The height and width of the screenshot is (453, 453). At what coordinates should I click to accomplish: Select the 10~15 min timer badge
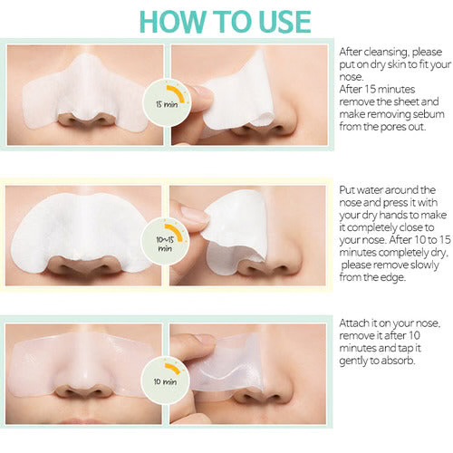166,241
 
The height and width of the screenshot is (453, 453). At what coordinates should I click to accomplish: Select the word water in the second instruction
368,190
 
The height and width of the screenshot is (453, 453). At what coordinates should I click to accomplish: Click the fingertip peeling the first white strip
202,97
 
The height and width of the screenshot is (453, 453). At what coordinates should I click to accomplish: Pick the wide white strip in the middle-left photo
80,229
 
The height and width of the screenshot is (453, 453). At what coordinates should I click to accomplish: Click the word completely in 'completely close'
368,227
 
